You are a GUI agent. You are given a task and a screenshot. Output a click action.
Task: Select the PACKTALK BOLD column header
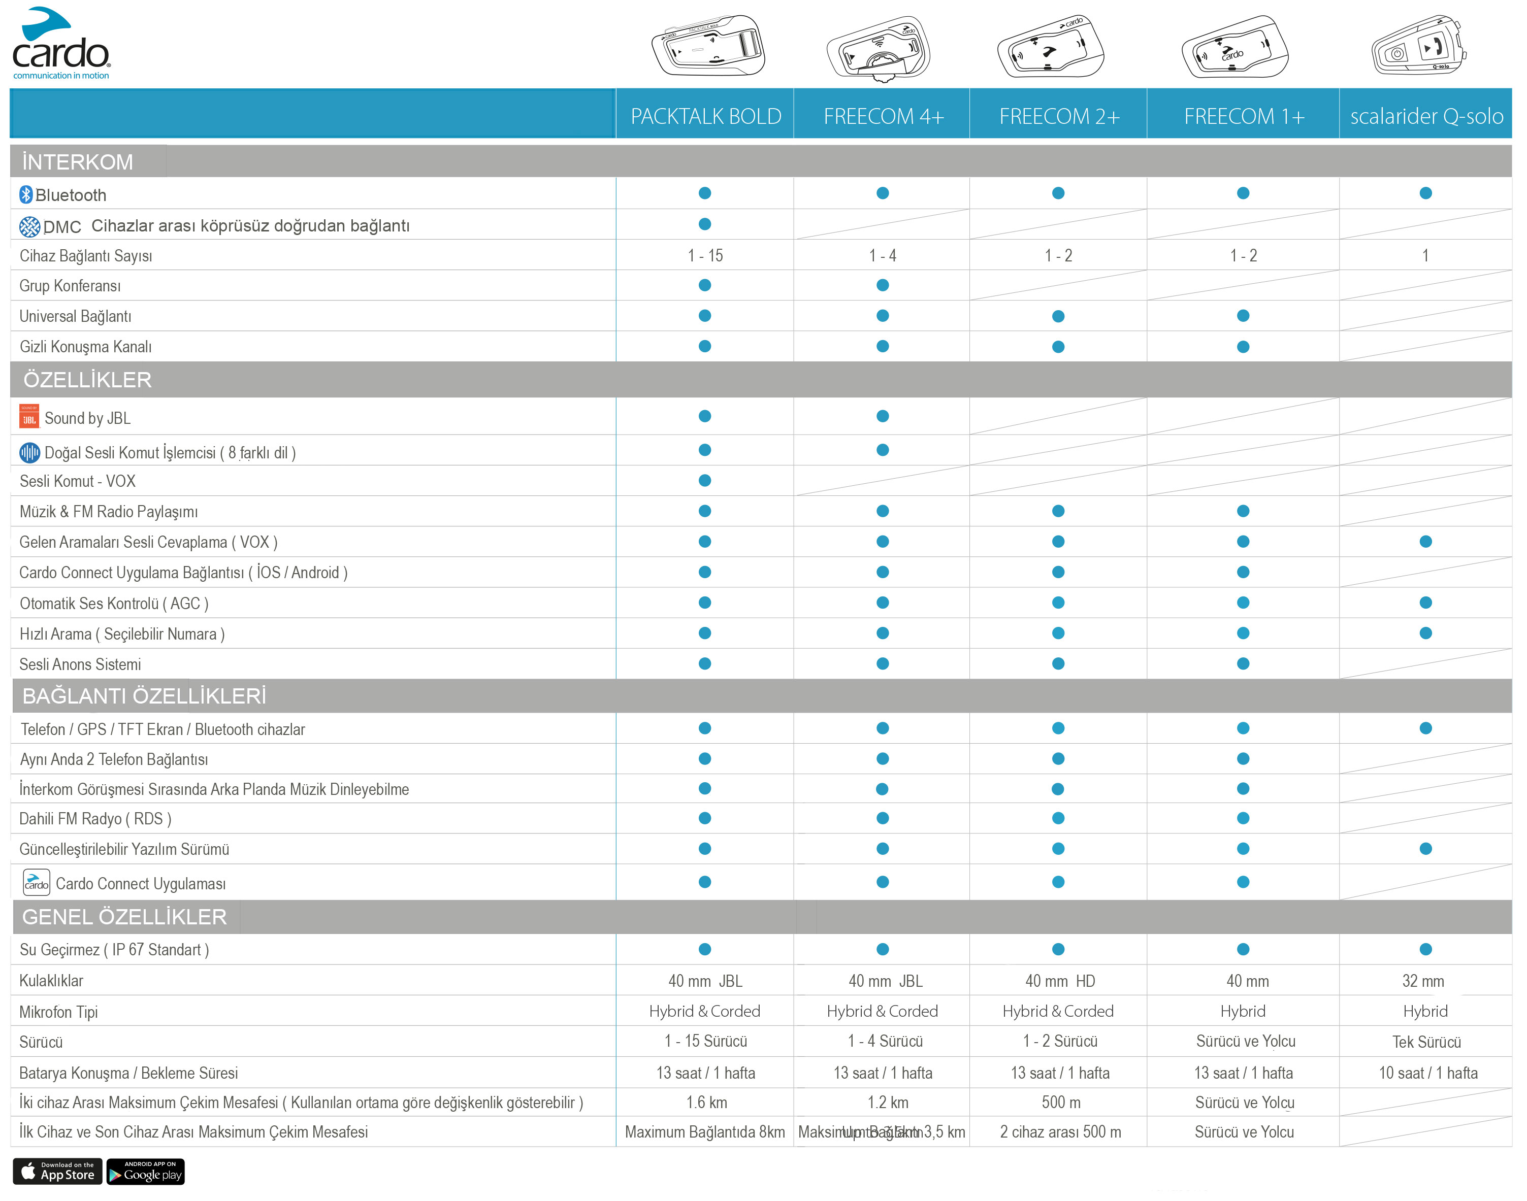705,116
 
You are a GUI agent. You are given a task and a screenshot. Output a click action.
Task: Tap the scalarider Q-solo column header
1426,116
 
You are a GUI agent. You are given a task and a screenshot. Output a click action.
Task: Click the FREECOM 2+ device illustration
1051,48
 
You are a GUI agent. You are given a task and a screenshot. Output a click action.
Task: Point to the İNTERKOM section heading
77,162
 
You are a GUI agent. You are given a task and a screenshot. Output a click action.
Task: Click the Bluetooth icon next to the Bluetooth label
26,195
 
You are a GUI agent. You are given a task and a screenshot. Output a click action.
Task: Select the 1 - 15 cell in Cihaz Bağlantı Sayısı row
705,256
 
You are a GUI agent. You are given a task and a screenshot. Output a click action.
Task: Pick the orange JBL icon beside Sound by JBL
29,418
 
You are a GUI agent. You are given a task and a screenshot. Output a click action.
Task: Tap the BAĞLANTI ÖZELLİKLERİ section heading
144,696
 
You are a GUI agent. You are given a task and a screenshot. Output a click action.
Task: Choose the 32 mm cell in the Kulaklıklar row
1423,981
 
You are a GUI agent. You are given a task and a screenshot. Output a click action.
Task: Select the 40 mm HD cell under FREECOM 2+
1059,981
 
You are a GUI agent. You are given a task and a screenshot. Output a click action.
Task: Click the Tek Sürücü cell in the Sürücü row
1426,1042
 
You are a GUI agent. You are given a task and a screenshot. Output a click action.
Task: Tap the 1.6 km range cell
706,1103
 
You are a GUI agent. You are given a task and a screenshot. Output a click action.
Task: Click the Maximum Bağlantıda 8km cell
705,1132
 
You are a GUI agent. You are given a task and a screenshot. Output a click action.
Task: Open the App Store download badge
58,1172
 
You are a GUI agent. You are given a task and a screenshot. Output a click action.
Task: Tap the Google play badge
146,1172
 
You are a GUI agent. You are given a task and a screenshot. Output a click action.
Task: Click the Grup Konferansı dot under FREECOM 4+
883,285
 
